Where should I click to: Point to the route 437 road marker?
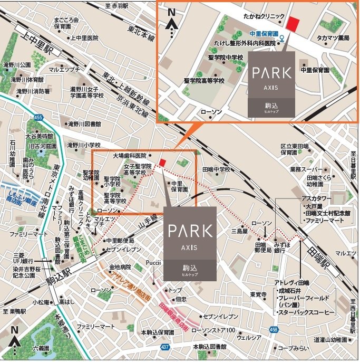(165, 347)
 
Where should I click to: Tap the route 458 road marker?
(273, 329)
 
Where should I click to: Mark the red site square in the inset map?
(293, 23)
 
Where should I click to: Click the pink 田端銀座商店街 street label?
(177, 313)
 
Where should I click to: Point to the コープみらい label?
(294, 349)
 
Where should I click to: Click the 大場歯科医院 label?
(129, 156)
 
